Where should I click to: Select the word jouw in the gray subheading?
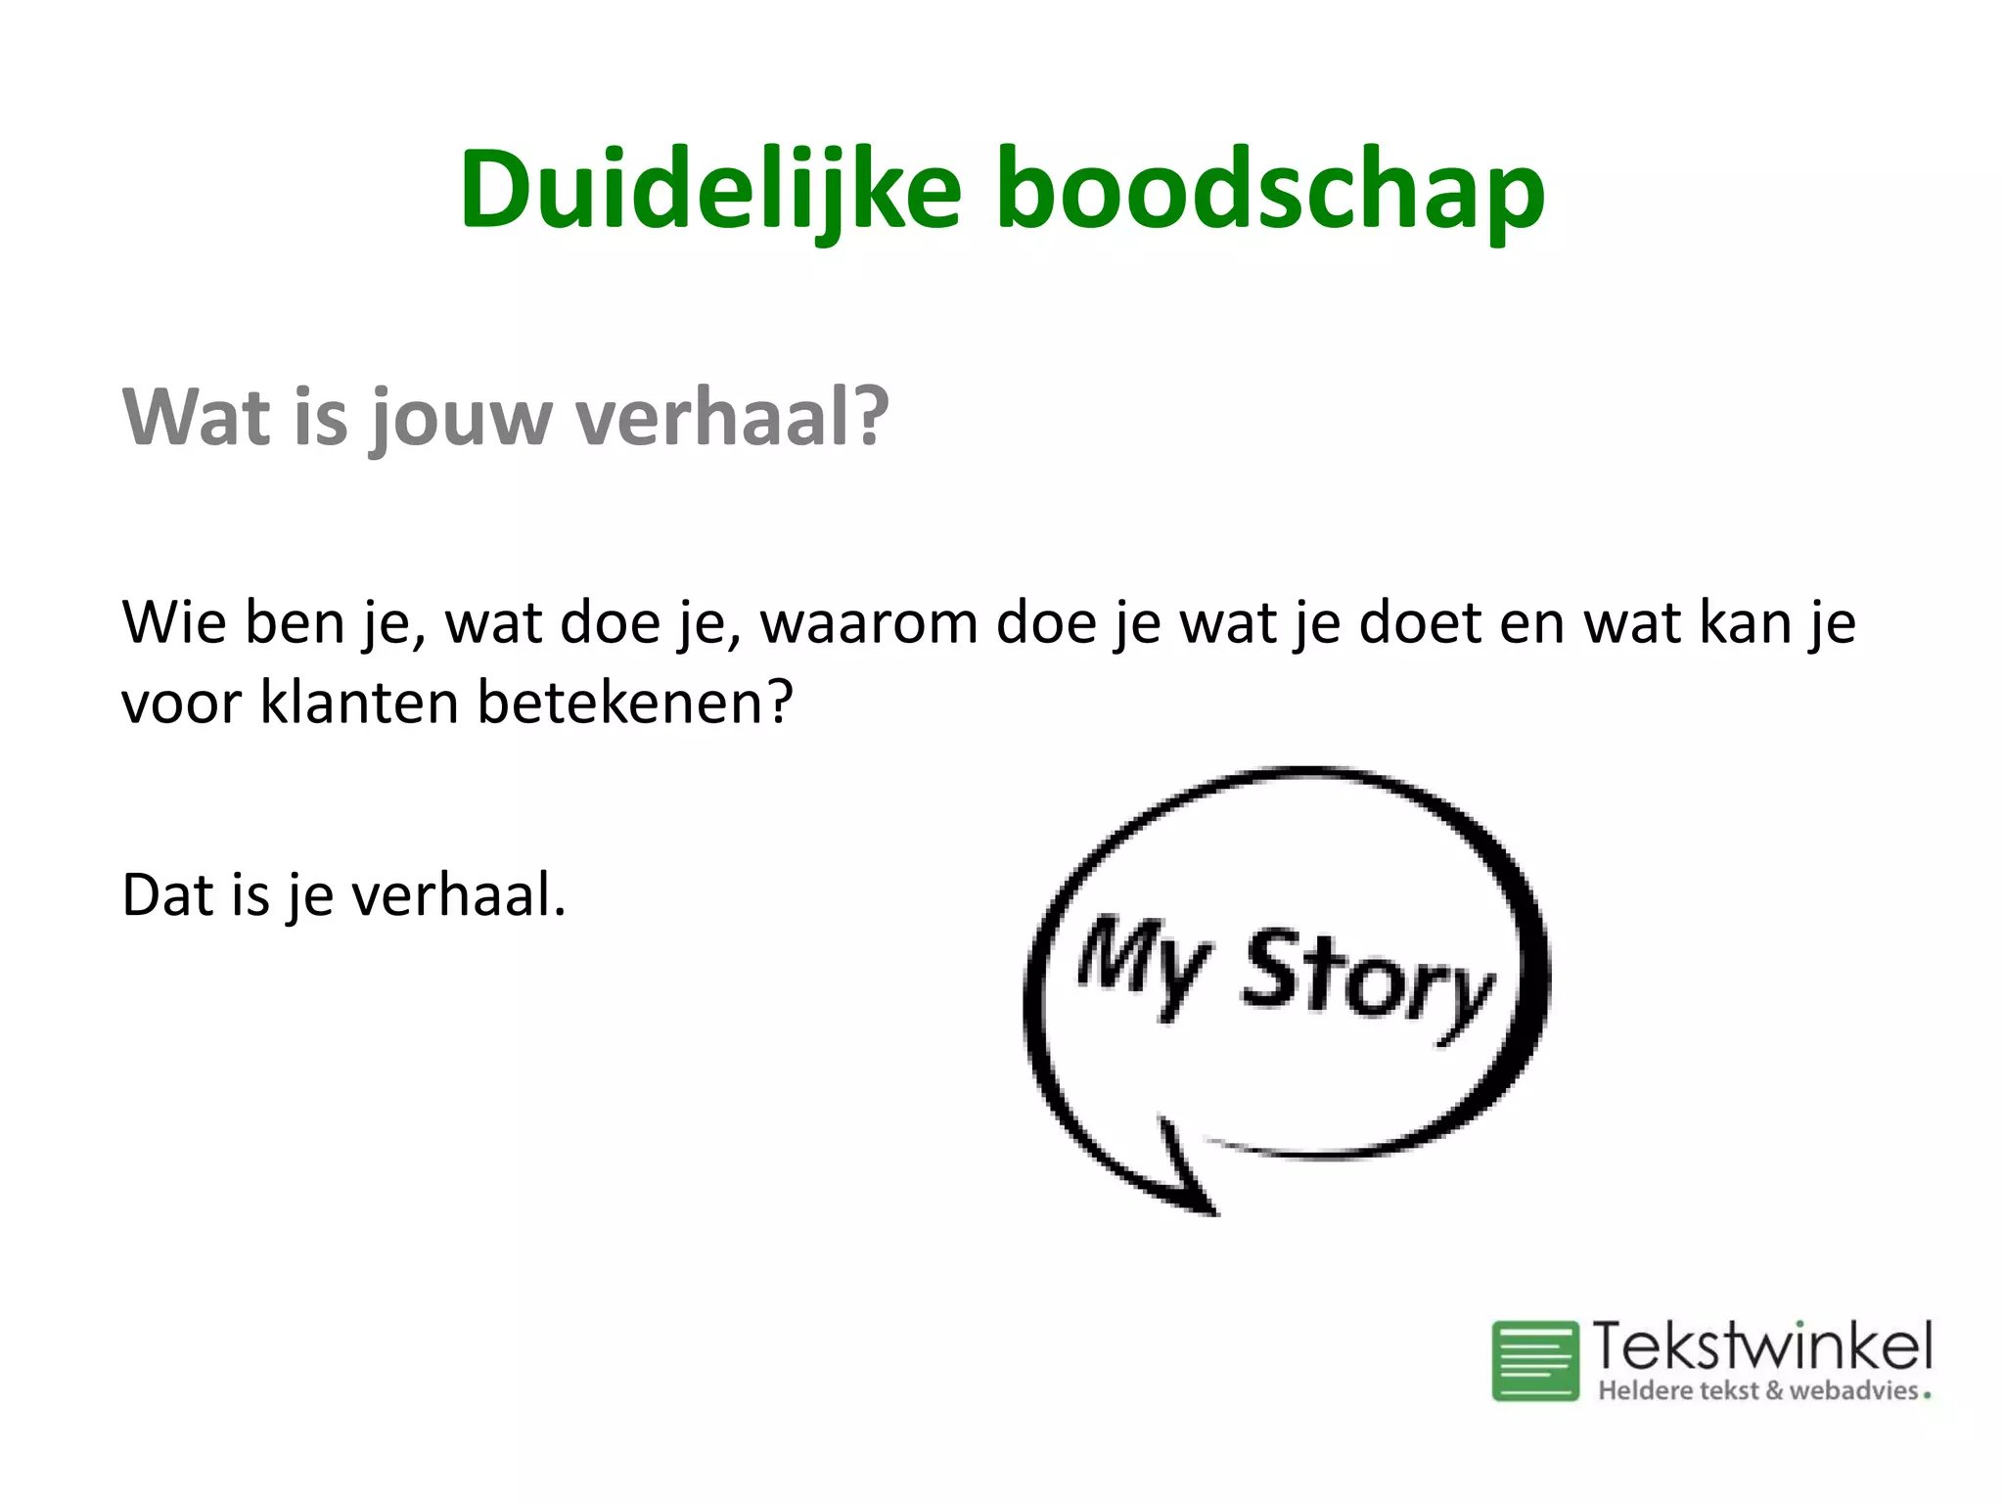[x=461, y=418]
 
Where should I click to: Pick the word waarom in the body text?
[x=869, y=623]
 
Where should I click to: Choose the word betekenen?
[x=634, y=702]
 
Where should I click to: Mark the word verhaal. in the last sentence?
[x=459, y=894]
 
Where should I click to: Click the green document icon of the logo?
[x=1534, y=1360]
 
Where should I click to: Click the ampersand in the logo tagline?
[x=1773, y=1390]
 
